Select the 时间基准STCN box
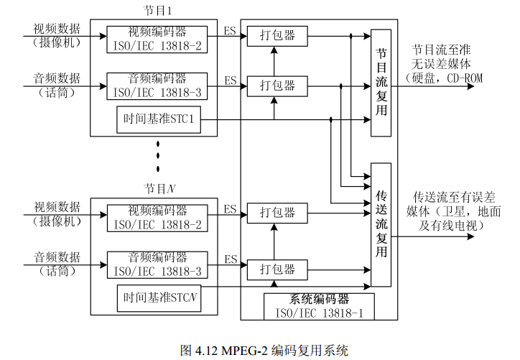point(158,297)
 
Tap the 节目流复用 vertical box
point(381,83)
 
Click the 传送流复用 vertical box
point(381,225)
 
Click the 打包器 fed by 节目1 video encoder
point(277,37)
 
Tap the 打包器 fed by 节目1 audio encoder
point(277,86)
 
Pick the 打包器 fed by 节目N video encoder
point(277,213)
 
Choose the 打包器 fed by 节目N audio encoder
point(277,269)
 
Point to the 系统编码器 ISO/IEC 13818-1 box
point(319,305)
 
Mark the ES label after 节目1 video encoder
point(230,31)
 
